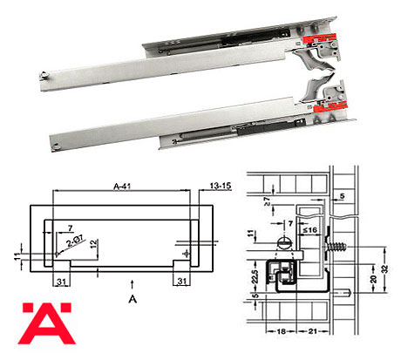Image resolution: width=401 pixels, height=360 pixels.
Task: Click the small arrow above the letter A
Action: [132, 282]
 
